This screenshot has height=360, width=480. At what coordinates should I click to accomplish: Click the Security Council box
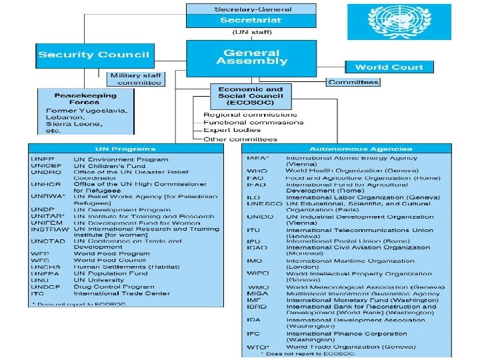pyautogui.click(x=94, y=55)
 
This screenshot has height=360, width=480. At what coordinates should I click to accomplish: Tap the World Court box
pyautogui.click(x=389, y=67)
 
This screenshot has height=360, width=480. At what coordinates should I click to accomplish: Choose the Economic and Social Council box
pyautogui.click(x=246, y=97)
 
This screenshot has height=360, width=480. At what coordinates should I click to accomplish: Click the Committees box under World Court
pyautogui.click(x=353, y=82)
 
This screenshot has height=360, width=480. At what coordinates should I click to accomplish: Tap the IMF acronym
pyautogui.click(x=254, y=301)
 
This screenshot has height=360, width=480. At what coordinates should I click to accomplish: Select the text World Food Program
pyautogui.click(x=111, y=254)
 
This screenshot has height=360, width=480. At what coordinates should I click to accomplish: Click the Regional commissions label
pyautogui.click(x=250, y=115)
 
